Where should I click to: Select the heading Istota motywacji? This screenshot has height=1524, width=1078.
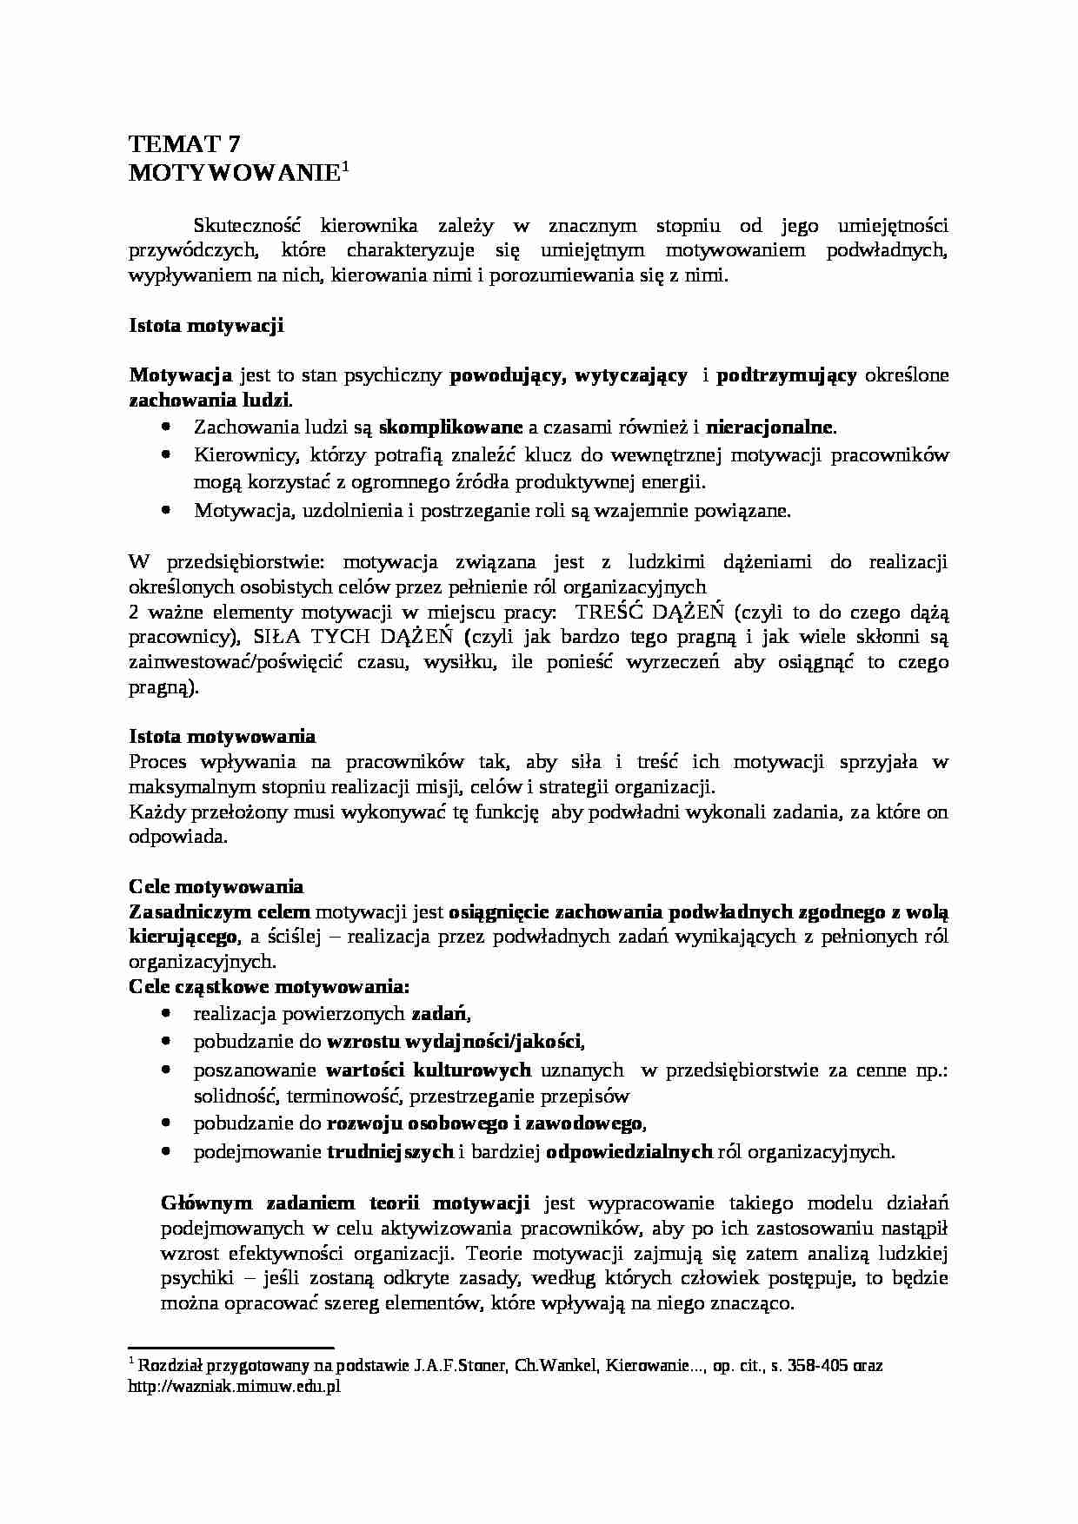[207, 326]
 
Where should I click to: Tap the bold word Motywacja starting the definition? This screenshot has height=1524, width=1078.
[181, 375]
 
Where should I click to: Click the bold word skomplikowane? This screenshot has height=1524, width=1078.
[451, 427]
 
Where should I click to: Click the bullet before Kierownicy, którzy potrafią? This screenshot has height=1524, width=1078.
[166, 454]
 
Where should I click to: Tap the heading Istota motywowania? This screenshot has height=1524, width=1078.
[222, 737]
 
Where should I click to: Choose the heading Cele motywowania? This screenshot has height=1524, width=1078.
[216, 887]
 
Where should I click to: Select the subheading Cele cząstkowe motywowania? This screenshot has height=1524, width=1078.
[269, 987]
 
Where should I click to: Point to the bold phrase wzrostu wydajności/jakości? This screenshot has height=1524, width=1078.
[454, 1041]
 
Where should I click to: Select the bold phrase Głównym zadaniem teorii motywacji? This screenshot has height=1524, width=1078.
[345, 1203]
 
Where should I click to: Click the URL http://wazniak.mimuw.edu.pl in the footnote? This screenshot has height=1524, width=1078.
[234, 1387]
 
